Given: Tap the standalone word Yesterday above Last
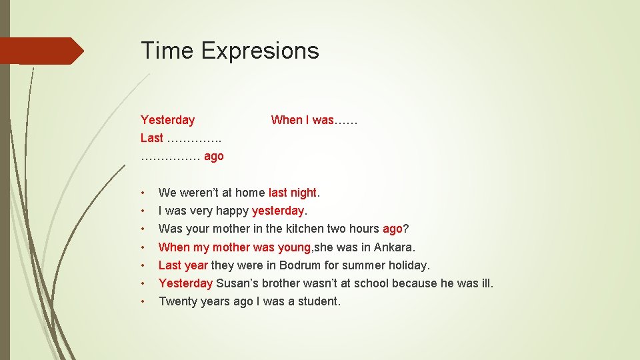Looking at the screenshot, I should point(167,120).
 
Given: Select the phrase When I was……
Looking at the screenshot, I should point(314,120).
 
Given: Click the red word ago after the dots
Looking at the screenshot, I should point(213,156).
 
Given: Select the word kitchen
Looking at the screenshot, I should point(307,229).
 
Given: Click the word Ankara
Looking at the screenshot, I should point(395,247).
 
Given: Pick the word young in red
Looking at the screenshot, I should point(294,247).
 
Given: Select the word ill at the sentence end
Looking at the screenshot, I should point(486,283).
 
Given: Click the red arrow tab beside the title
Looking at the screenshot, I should point(41,51).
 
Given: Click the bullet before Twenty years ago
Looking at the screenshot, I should point(143,301).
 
